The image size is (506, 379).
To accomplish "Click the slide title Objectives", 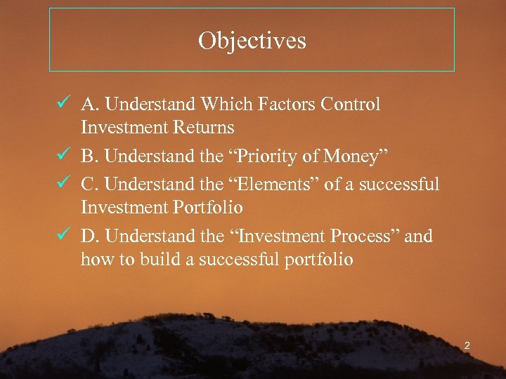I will click(x=252, y=40).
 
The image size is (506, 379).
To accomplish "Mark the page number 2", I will click(x=467, y=345).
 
